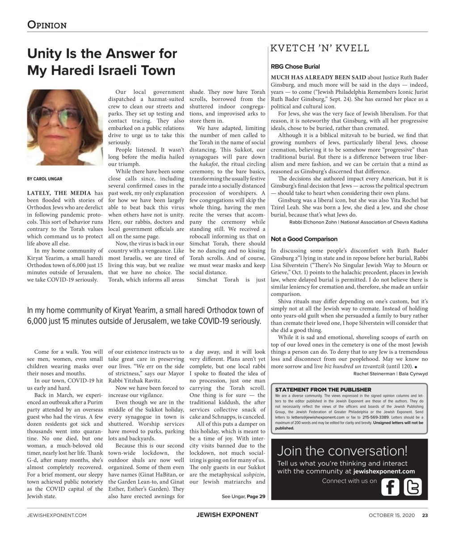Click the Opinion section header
pyautogui.click(x=47, y=25)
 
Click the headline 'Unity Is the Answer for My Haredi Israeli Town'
pyautogui.click(x=102, y=62)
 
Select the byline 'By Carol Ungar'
pyautogui.click(x=45, y=179)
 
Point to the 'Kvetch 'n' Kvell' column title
pyautogui.click(x=320, y=49)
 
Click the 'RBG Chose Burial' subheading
pyautogui.click(x=295, y=67)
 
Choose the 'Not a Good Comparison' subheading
pyautogui.click(x=304, y=239)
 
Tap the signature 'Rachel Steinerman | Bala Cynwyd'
pyautogui.click(x=390, y=373)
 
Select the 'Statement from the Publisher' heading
pyautogui.click(x=323, y=390)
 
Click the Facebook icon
pyautogui.click(x=390, y=487)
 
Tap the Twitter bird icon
pyautogui.click(x=412, y=487)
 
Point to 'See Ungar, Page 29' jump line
pyautogui.click(x=243, y=496)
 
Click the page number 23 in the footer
pyautogui.click(x=425, y=515)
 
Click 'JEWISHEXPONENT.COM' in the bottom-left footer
pyautogui.click(x=56, y=515)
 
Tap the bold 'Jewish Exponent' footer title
pyautogui.click(x=227, y=515)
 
